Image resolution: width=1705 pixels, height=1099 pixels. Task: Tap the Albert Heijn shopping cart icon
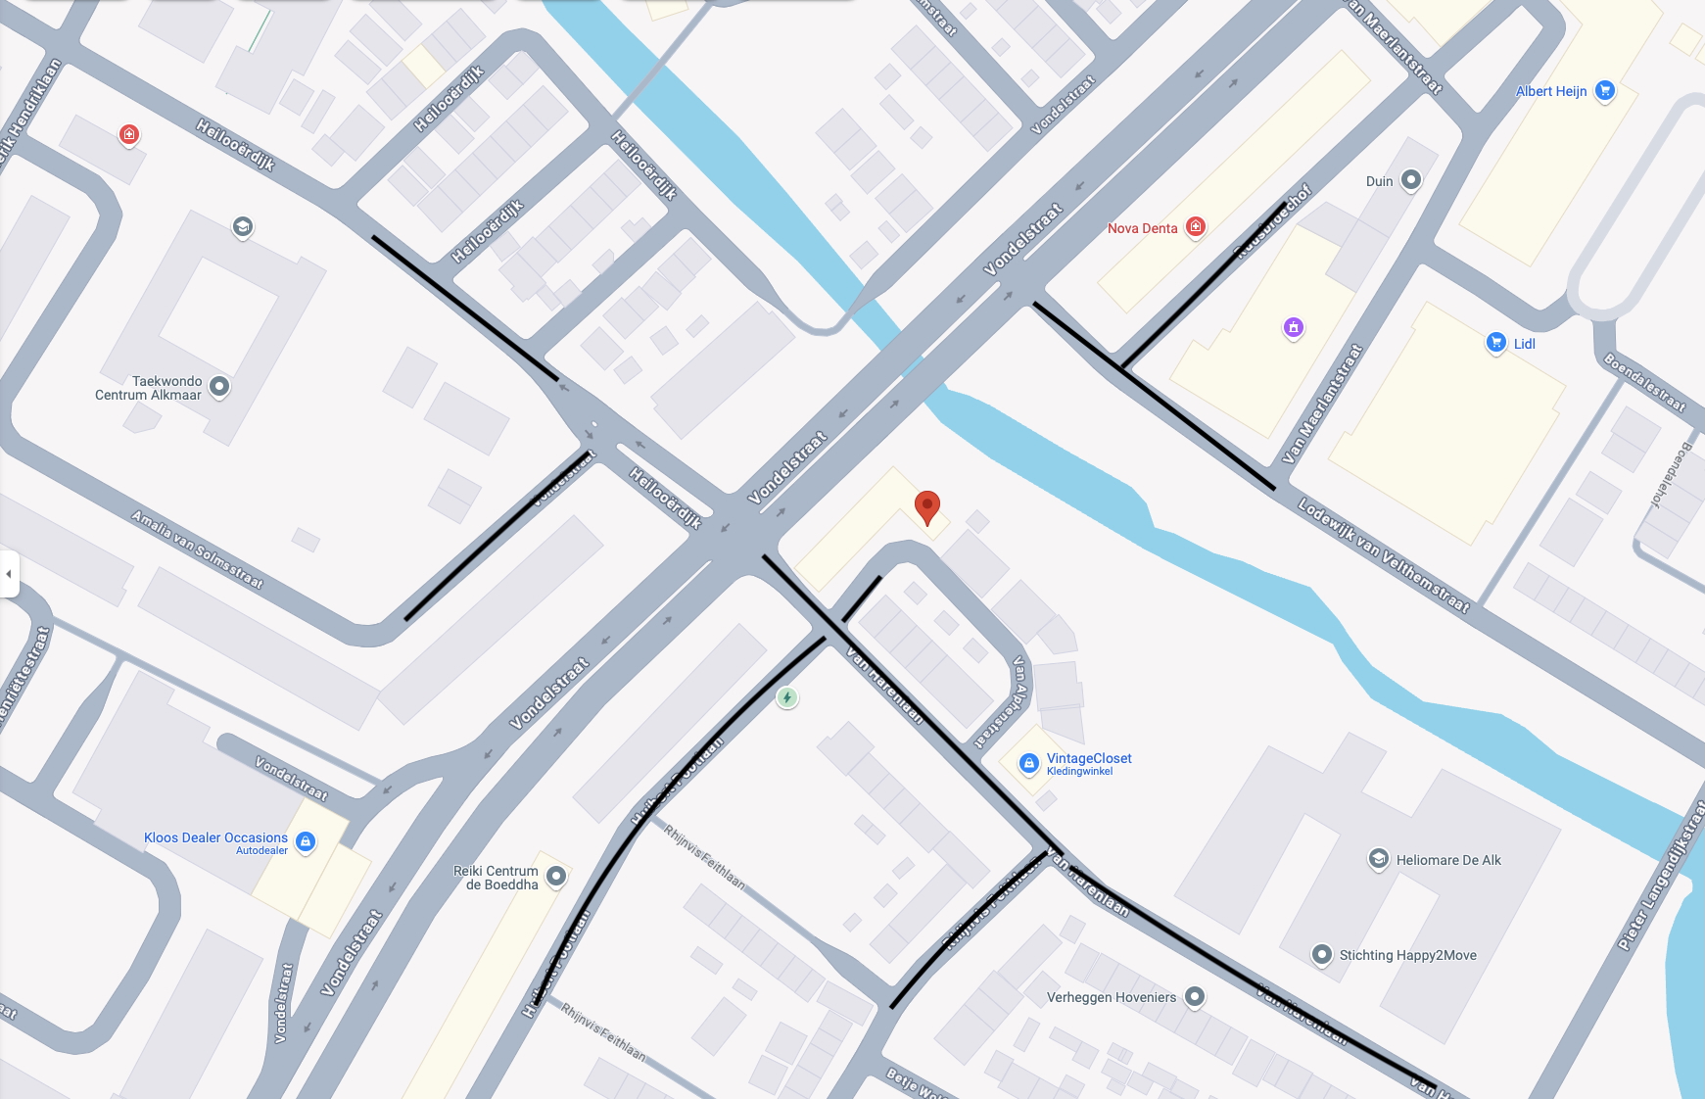pos(1604,91)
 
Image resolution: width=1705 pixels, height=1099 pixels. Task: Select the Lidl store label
pos(1524,344)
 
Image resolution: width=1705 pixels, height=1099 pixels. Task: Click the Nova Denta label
pos(1142,228)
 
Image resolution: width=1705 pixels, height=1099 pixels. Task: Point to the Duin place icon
pos(1410,180)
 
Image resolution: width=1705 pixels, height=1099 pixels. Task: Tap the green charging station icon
pos(786,697)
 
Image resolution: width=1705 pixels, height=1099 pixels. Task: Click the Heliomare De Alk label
pos(1447,860)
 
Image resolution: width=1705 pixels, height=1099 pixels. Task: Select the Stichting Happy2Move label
pos(1407,955)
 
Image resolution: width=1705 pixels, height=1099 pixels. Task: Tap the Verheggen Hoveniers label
pos(1111,997)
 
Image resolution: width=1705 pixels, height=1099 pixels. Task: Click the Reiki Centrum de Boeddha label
pos(497,878)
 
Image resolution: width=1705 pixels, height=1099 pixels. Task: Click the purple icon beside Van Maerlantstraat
pos(1294,327)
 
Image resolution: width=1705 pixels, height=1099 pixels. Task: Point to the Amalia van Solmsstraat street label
pos(197,549)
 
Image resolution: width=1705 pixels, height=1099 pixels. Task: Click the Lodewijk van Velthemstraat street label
pos(1384,555)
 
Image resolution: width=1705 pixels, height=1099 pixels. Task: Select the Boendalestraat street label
pos(1644,382)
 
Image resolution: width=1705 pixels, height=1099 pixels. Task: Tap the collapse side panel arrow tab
pos(9,573)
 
